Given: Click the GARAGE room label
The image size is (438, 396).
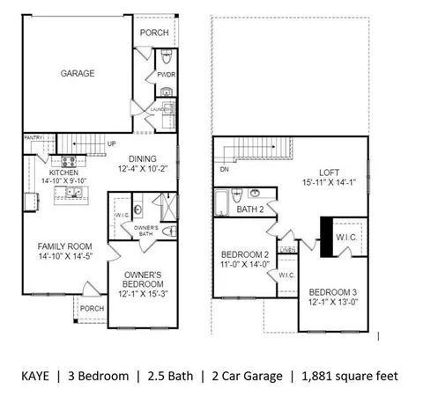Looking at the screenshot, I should [x=78, y=73].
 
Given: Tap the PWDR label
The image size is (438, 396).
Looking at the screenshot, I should [x=166, y=76].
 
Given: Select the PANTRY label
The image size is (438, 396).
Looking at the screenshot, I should [x=33, y=137].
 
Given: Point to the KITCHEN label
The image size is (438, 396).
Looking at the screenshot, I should [x=64, y=172].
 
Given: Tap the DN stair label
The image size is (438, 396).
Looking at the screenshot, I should [x=223, y=170].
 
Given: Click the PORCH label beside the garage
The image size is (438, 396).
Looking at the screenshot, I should [x=153, y=33].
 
